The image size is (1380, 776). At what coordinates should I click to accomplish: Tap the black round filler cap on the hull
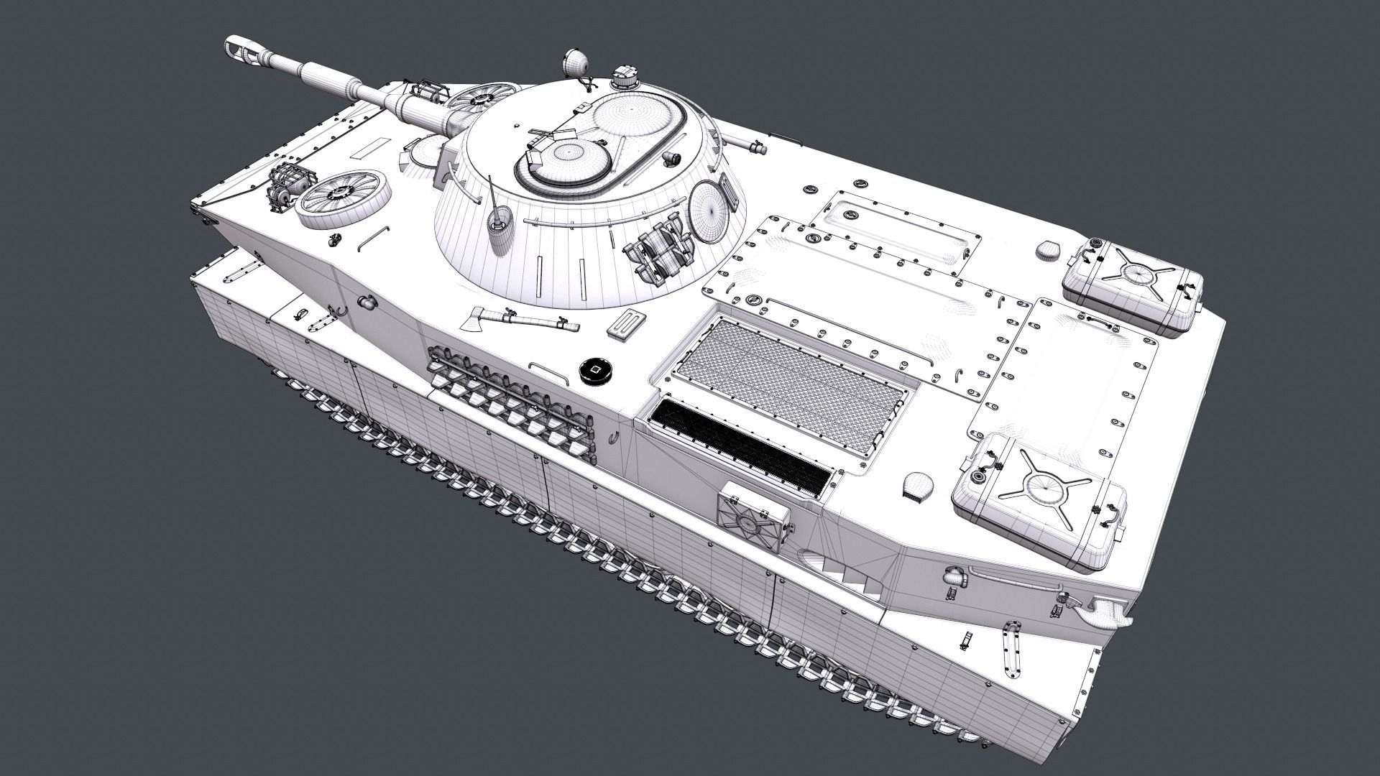[x=595, y=371]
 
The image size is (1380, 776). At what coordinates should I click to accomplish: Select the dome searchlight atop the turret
[x=576, y=64]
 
